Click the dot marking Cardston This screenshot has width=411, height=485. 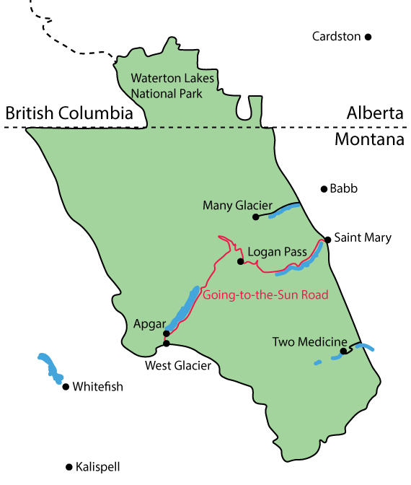click(368, 36)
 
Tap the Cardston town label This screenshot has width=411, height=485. click(336, 36)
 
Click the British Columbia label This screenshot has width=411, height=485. click(68, 113)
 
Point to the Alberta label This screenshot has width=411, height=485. click(374, 113)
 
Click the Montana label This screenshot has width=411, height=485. click(368, 140)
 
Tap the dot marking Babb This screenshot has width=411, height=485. click(324, 189)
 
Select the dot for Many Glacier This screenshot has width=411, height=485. click(255, 217)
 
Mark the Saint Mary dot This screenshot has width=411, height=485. click(327, 239)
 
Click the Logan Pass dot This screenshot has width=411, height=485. click(240, 261)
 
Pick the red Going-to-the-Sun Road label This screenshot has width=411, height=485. click(265, 294)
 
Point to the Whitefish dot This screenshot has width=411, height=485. click(66, 387)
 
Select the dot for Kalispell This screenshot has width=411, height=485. click(68, 466)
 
